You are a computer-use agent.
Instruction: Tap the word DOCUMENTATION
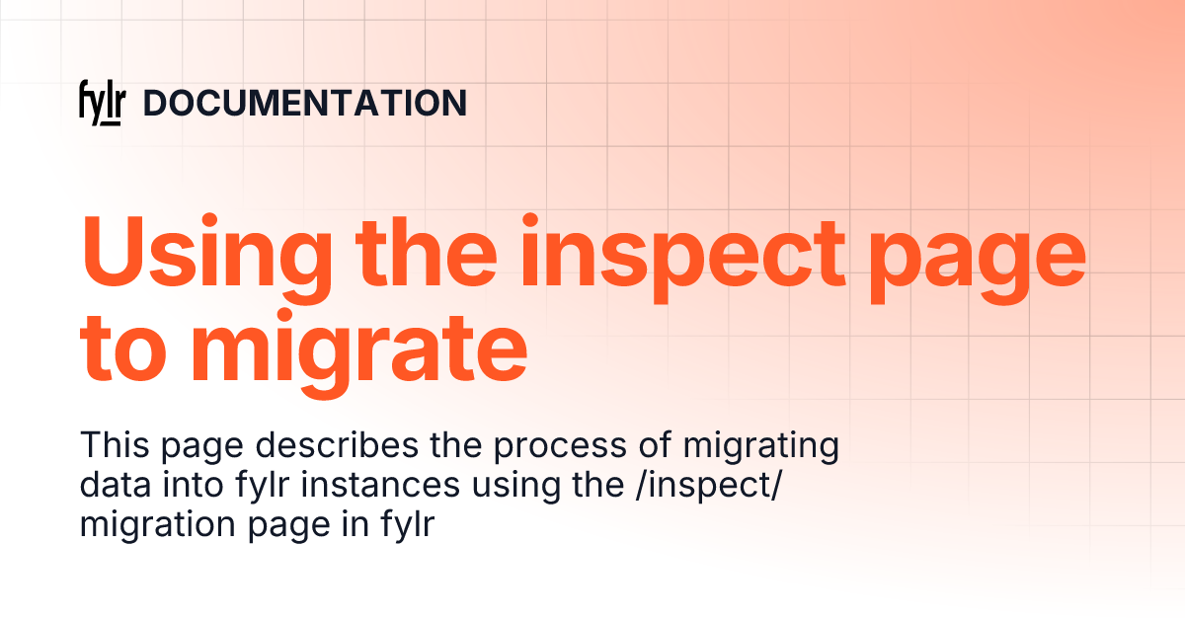point(305,104)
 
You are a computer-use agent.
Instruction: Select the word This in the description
point(110,446)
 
